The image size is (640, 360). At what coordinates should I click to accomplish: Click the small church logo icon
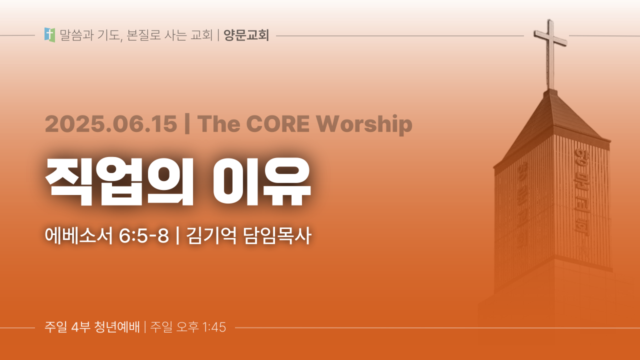tap(49, 35)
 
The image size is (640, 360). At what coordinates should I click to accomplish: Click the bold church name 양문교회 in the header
tap(246, 35)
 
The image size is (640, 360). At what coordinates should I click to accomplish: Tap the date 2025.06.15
tap(111, 124)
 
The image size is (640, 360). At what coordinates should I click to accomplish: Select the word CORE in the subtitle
tap(277, 123)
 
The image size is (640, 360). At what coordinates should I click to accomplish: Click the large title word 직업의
tap(119, 181)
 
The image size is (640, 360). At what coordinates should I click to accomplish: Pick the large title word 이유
tap(261, 181)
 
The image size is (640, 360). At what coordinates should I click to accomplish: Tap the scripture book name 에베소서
tap(78, 235)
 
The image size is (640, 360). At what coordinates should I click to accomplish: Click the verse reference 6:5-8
tap(143, 236)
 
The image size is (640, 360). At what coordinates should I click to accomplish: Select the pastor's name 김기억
tap(211, 235)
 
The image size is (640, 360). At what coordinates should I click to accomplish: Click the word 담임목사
tap(277, 235)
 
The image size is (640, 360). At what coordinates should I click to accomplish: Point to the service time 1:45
tap(214, 327)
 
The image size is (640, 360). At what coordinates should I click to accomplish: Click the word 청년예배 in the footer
tap(117, 327)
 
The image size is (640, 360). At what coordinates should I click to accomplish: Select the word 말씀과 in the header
tap(76, 35)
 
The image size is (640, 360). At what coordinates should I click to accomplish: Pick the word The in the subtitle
tap(218, 123)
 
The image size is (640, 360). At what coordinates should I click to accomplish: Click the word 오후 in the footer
tap(187, 327)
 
